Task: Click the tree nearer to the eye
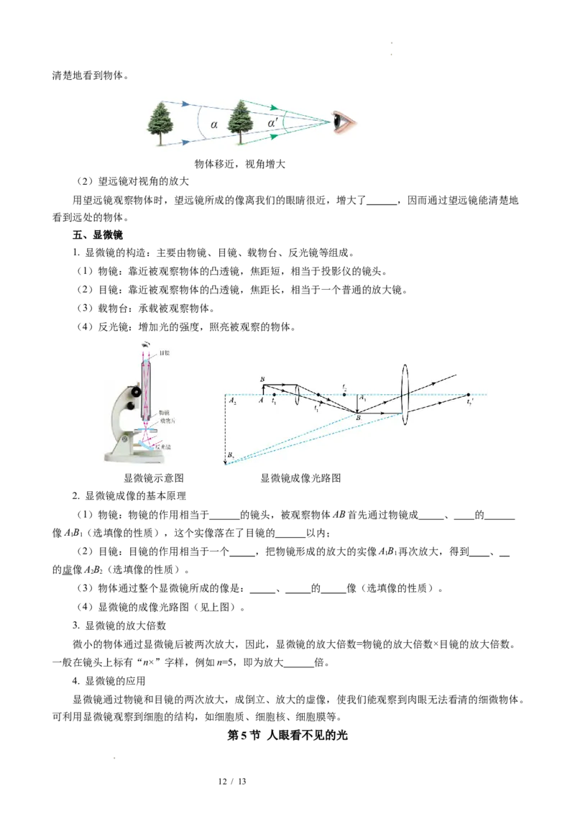tap(242, 124)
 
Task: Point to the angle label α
tap(213, 124)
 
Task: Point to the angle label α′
tap(273, 124)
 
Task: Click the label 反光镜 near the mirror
tap(165, 447)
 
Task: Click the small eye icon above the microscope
tap(147, 343)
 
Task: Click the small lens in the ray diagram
tap(297, 394)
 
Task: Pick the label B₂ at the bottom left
tap(231, 456)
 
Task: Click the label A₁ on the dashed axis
tap(363, 398)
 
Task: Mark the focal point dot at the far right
tap(468, 395)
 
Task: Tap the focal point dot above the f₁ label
tap(274, 394)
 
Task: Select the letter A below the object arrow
tap(262, 402)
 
